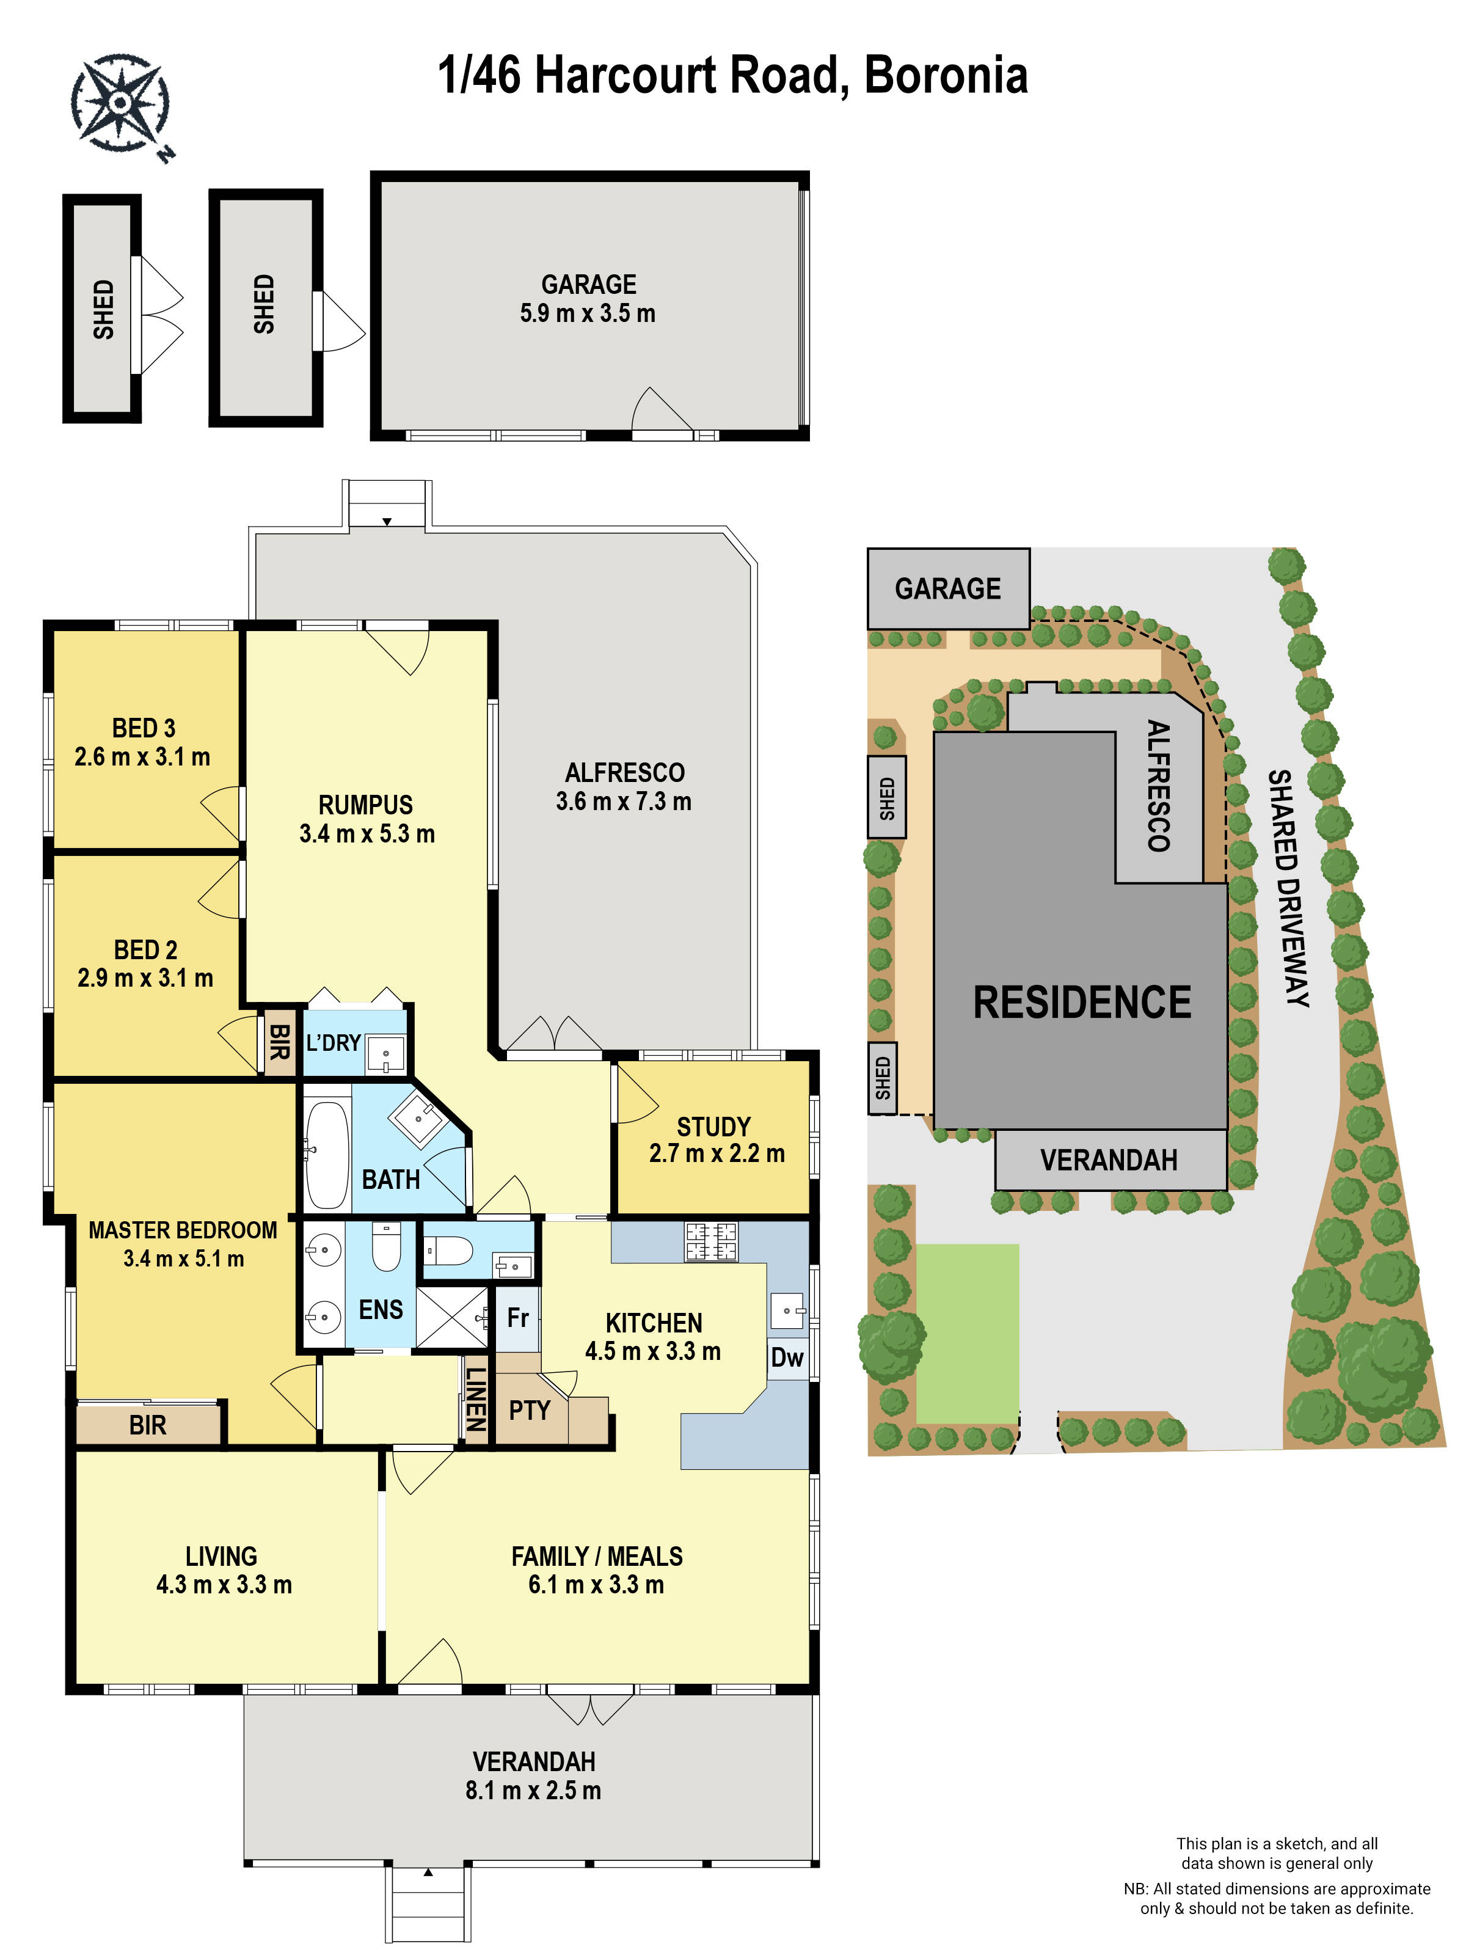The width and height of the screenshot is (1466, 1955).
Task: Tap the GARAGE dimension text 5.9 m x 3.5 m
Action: coord(588,314)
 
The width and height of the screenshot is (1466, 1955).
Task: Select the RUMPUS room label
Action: coord(366,805)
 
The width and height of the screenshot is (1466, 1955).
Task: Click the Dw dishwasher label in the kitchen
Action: coord(787,1358)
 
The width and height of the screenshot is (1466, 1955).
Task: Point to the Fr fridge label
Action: coord(518,1318)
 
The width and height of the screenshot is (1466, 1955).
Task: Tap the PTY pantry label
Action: coord(530,1411)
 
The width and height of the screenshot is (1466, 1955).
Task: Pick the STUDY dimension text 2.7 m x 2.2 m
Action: coord(717,1153)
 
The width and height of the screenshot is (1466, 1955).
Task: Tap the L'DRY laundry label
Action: coord(333,1043)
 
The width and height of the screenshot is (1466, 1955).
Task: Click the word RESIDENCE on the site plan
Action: coord(1082,1003)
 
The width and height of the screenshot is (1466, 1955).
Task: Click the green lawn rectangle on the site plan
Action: coord(968,1334)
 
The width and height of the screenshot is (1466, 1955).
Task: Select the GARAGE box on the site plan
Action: coord(948,588)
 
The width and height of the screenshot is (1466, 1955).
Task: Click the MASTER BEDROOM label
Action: coord(183,1230)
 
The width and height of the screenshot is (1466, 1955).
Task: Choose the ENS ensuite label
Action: coord(381,1310)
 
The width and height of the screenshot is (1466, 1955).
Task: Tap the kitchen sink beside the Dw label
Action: coord(788,1310)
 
